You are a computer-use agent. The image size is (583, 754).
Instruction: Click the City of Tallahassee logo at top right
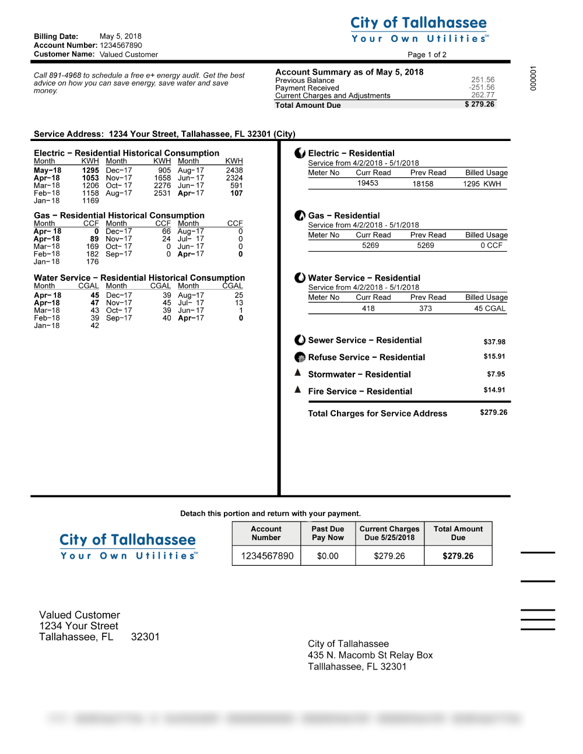419,29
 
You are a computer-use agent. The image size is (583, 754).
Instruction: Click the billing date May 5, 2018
120,36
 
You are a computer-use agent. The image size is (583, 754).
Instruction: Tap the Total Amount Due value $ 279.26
479,104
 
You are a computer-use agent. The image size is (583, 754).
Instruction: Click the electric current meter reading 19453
367,183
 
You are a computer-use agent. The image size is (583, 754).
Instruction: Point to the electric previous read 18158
423,184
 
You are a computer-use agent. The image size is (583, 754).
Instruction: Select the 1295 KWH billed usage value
482,184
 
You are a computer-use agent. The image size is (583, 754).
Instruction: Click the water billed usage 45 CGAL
489,308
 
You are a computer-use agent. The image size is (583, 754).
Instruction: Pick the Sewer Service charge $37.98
494,341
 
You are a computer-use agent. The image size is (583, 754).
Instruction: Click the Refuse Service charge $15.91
494,356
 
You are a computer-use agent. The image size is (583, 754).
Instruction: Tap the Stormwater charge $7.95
496,374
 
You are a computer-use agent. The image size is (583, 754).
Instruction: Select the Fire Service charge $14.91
494,390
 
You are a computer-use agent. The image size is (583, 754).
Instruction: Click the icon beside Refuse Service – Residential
300,357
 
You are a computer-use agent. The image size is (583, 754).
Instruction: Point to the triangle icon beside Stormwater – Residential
298,373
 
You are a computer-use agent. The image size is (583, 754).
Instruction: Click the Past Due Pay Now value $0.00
328,556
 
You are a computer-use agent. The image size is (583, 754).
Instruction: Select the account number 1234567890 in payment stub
267,556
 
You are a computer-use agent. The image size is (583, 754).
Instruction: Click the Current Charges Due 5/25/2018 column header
389,533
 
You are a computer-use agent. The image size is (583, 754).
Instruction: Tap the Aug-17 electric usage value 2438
234,170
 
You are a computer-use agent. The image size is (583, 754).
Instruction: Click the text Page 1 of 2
427,55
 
